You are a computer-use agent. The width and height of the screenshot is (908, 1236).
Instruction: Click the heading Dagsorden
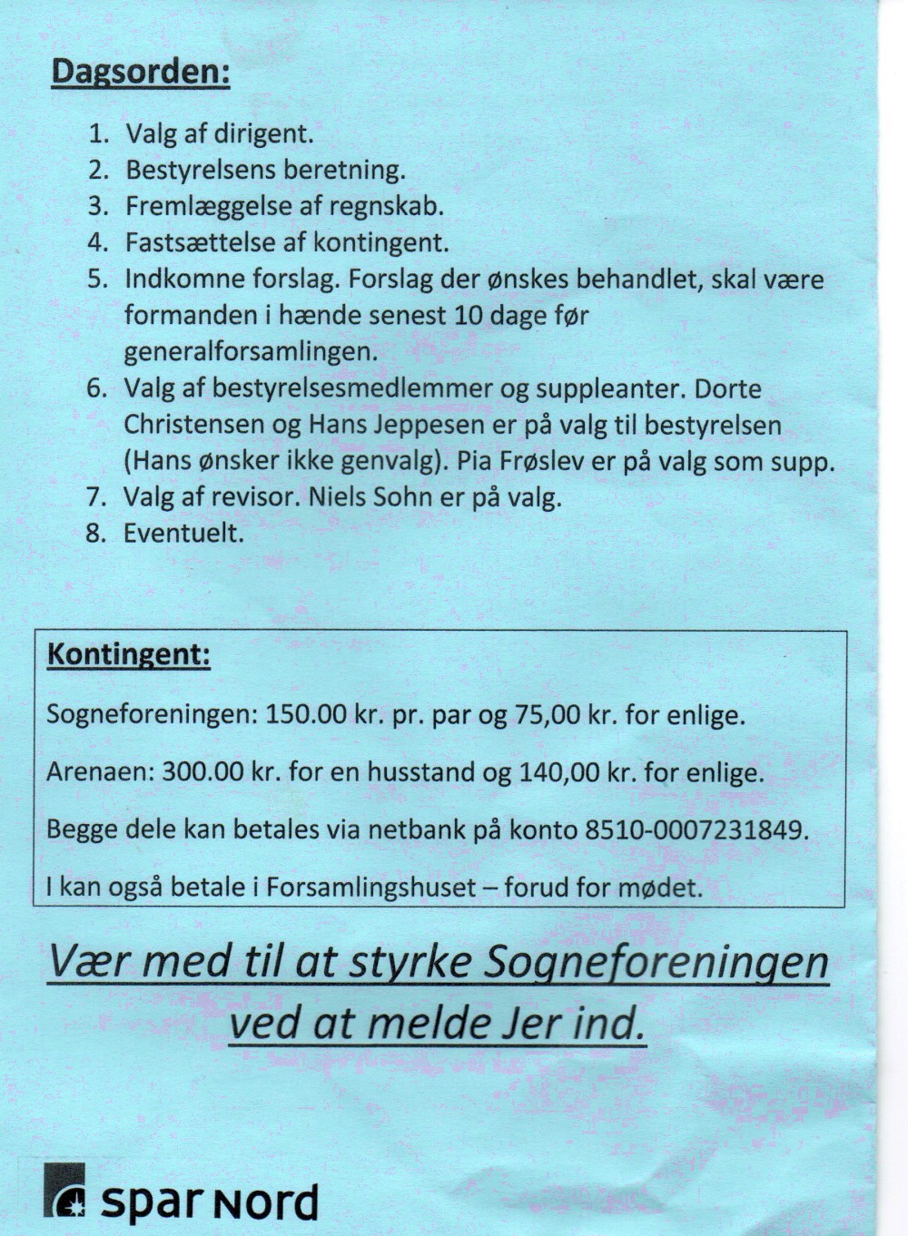pos(140,73)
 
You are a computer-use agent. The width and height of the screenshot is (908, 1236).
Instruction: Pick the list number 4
pos(97,242)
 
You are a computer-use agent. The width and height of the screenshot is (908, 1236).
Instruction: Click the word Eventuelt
pos(183,533)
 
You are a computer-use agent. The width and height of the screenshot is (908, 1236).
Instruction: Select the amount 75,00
pos(548,715)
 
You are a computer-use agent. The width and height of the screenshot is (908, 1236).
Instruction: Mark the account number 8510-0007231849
pos(695,829)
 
